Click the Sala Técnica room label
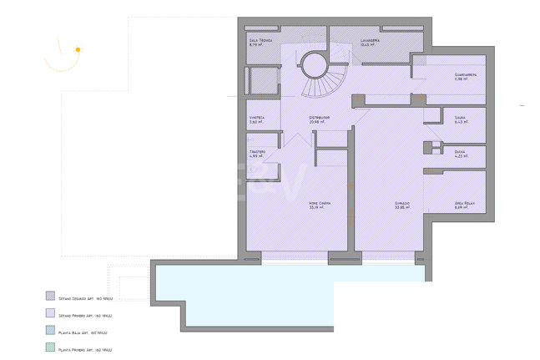[x=260, y=40]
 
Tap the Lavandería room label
[x=371, y=40]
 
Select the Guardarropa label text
[x=465, y=74]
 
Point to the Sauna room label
[x=460, y=118]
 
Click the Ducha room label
[x=460, y=151]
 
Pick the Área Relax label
[x=465, y=203]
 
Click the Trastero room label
[x=257, y=151]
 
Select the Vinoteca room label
[x=257, y=118]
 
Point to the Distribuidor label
[x=319, y=118]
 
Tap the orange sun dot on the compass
[x=78, y=50]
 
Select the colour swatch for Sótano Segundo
[x=50, y=296]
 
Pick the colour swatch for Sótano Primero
[x=50, y=313]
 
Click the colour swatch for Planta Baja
[x=50, y=331]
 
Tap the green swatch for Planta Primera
[x=50, y=348]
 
